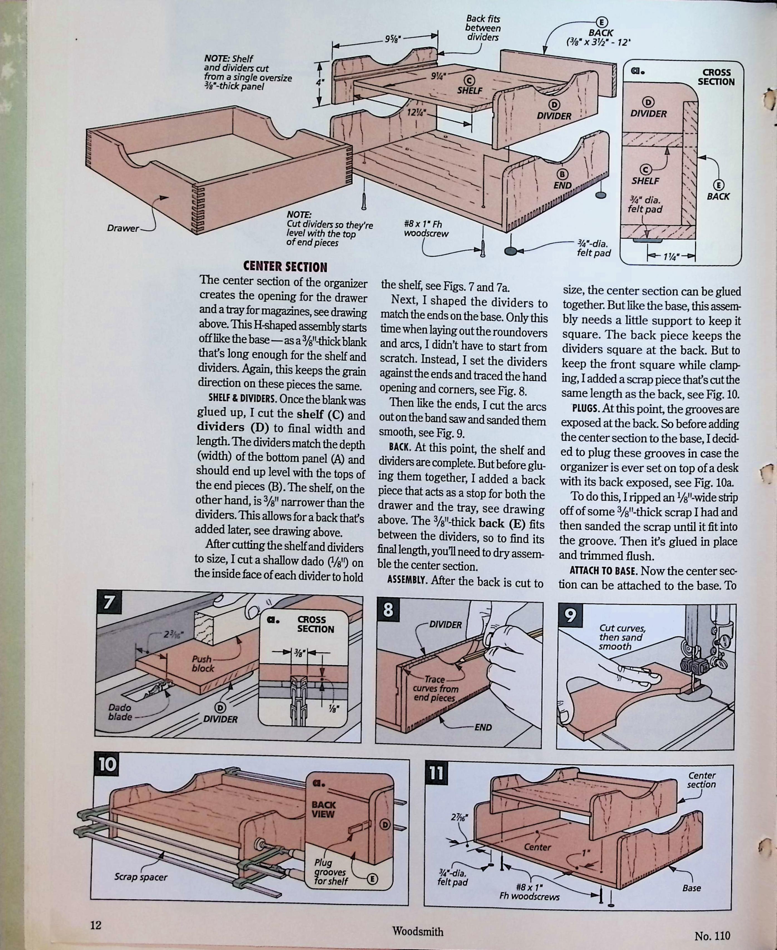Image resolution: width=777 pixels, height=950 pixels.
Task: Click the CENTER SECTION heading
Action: (285, 267)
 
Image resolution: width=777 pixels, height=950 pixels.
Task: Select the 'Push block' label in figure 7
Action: (203, 664)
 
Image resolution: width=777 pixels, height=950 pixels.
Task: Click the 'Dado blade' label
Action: (120, 712)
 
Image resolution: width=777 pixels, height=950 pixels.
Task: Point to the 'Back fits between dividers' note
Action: (483, 28)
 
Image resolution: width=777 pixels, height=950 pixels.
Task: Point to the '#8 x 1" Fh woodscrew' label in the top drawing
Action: (426, 229)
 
